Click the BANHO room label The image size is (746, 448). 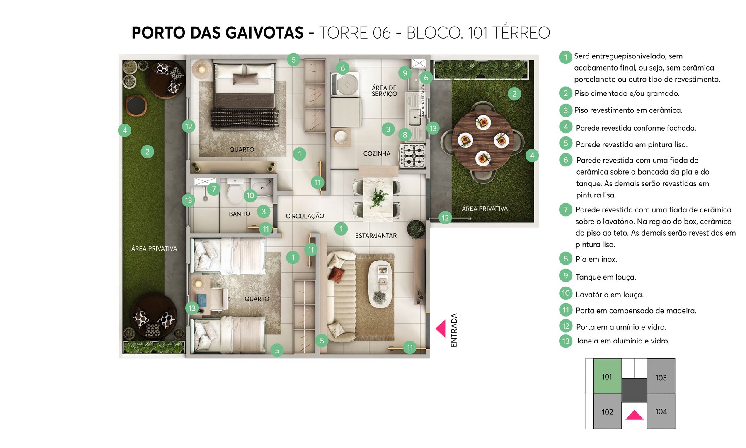pos(240,214)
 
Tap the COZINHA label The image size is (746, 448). pos(377,153)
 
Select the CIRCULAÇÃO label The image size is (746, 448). pos(305,216)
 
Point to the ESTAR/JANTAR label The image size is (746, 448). pos(375,236)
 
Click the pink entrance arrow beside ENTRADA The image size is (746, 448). pos(441,329)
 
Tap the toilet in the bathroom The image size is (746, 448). pos(235,191)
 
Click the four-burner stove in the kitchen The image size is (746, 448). pos(413,156)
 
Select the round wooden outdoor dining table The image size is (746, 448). pos(483,140)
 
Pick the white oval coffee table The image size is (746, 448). pos(381,283)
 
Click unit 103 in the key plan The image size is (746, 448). pos(661,377)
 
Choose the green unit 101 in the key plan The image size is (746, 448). pos(607,376)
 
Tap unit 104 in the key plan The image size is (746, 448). pos(661,411)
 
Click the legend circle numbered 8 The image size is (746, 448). pos(565,259)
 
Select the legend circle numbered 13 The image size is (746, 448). pos(566,341)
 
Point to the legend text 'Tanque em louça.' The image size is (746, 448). pos(606,277)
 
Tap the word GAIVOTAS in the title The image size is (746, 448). pos(247,33)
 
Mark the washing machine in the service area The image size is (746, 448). pos(345,85)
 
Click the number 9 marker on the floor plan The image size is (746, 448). pos(405,73)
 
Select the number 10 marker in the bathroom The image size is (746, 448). pos(250,195)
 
